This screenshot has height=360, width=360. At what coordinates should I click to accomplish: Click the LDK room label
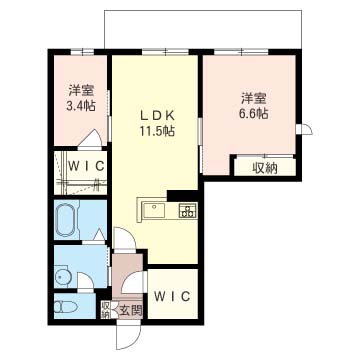tap(157, 116)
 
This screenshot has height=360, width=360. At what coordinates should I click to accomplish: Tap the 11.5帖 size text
tap(157, 131)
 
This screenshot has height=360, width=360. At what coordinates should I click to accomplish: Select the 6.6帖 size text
tap(254, 114)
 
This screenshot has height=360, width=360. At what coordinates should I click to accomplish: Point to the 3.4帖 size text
tap(81, 105)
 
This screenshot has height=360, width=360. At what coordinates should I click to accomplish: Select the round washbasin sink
tap(63, 277)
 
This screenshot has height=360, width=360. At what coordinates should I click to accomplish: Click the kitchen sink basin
tap(154, 210)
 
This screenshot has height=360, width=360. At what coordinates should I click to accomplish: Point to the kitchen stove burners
tap(187, 210)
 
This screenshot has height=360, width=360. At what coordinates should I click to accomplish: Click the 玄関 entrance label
tap(131, 311)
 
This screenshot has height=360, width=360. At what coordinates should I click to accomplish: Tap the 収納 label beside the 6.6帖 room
tap(265, 169)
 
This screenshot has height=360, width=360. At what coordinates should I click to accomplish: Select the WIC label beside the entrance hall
tap(172, 296)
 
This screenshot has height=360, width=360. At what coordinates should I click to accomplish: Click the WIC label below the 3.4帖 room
tap(87, 166)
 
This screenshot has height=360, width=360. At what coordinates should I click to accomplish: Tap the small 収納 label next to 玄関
tap(106, 309)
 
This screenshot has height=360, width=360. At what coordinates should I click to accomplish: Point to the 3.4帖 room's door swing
tap(90, 137)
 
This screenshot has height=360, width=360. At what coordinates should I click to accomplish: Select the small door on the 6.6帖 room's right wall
tap(305, 129)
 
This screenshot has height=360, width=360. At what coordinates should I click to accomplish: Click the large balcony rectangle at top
tap(203, 29)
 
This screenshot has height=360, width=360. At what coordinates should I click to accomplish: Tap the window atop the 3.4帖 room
tap(82, 52)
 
